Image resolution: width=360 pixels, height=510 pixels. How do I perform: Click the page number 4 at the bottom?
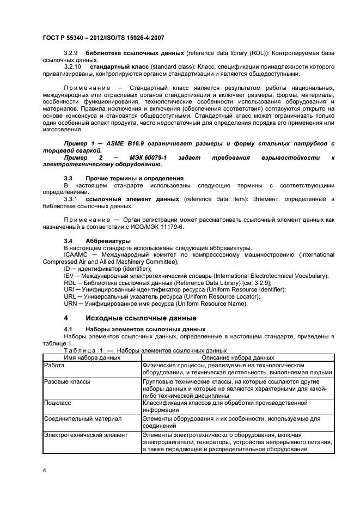click(44, 469)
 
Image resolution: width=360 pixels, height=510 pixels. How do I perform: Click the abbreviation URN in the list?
click(71, 304)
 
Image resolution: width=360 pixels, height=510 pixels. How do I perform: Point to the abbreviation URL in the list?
click(71, 297)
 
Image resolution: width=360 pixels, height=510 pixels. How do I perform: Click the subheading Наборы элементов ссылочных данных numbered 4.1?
click(145, 329)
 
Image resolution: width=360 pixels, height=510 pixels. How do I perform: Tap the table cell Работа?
click(54, 365)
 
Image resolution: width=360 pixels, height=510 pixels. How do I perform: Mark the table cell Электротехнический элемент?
click(85, 435)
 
